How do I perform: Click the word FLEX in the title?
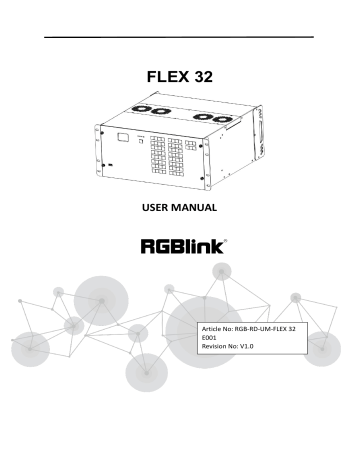coord(166,74)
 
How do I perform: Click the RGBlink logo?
coord(179,244)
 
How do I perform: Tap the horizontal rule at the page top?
coord(180,39)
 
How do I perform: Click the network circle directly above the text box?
coord(221,270)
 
